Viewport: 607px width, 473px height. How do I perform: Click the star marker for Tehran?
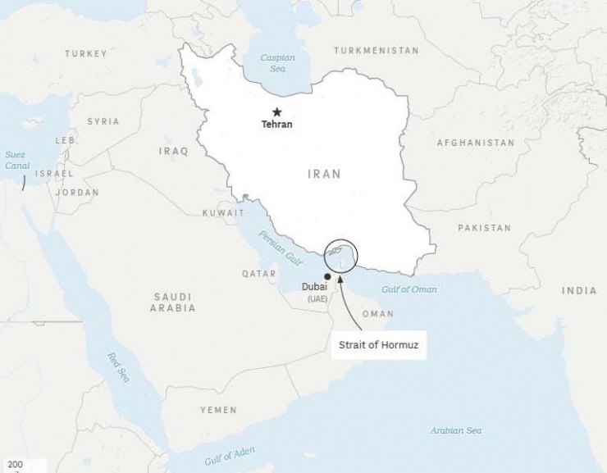point(277,112)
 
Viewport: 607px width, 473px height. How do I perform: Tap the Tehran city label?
point(276,125)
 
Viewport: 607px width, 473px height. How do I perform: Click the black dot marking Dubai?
point(327,275)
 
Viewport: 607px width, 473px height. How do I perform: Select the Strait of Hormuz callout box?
point(379,345)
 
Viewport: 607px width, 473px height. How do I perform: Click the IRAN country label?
point(324,174)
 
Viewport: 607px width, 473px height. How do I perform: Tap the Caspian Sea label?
point(277,63)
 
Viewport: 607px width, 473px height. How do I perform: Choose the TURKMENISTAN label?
point(377,51)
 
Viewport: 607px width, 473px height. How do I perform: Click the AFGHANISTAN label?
point(476,143)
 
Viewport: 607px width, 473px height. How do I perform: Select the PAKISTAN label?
point(484,228)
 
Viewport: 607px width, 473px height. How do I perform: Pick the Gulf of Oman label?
point(408,289)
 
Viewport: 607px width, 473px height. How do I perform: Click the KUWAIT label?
point(223,213)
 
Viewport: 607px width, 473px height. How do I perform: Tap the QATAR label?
point(258,274)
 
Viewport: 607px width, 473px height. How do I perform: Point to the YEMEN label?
point(218,410)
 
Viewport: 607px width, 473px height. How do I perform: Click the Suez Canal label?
point(16,159)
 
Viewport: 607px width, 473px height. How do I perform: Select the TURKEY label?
point(86,54)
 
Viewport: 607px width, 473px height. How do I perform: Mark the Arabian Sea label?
point(456,430)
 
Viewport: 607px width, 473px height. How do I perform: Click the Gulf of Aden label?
point(230,456)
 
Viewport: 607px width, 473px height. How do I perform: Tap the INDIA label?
point(579,291)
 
